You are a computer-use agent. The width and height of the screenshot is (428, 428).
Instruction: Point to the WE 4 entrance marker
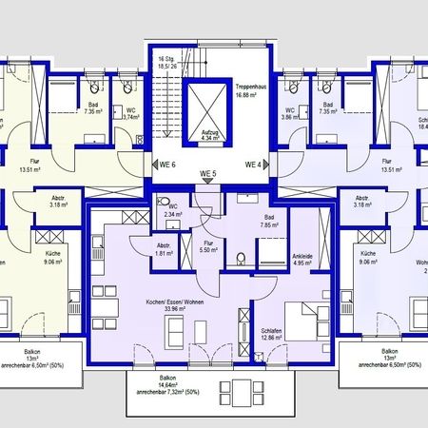coord(252,165)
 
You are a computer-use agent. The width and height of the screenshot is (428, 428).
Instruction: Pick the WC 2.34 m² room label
coord(172,211)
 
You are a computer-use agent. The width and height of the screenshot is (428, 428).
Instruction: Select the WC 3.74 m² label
coord(130,112)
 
